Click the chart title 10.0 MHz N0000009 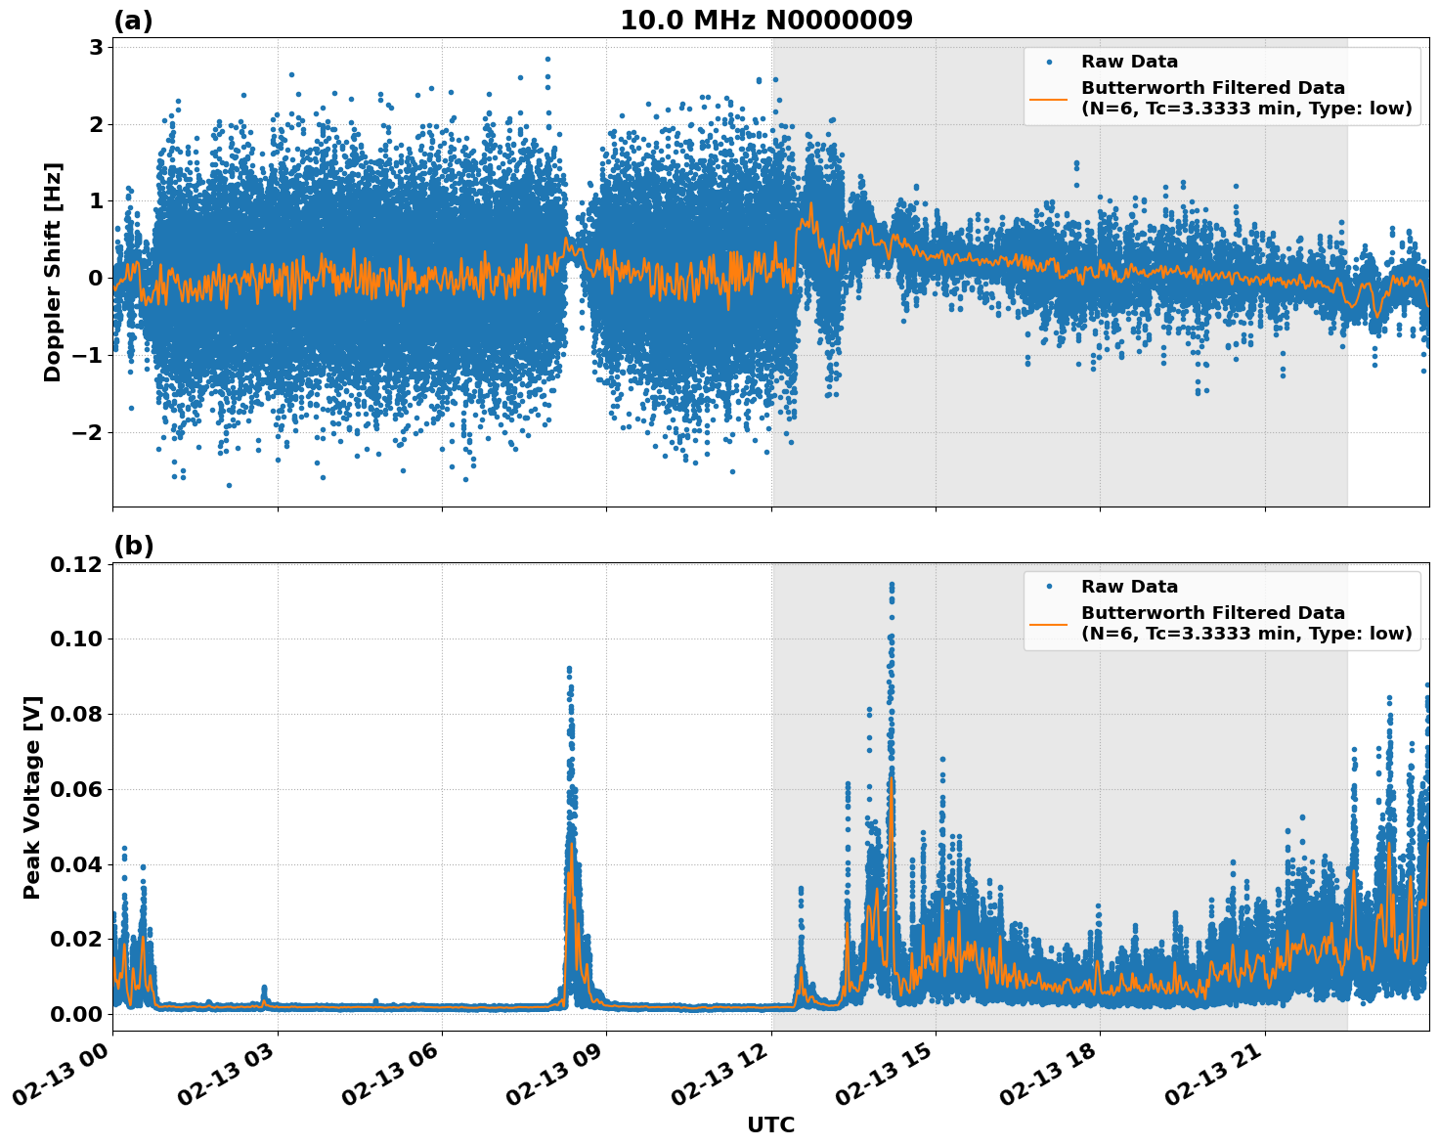click(766, 21)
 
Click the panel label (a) click(133, 21)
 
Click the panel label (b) click(133, 546)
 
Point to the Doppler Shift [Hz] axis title click(53, 272)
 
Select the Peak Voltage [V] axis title click(32, 797)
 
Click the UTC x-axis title click(770, 1124)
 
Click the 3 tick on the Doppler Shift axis click(95, 47)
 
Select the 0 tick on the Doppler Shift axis click(95, 278)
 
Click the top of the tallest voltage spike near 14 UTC click(891, 584)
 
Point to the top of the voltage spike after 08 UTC click(569, 668)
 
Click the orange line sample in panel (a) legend click(1050, 98)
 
